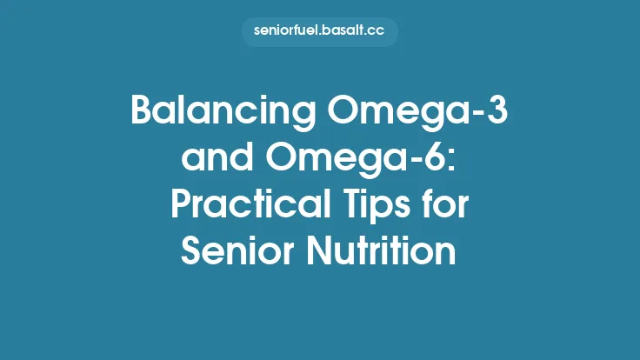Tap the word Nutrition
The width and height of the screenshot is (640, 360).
383,253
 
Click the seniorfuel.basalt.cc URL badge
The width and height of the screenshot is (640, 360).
320,32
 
